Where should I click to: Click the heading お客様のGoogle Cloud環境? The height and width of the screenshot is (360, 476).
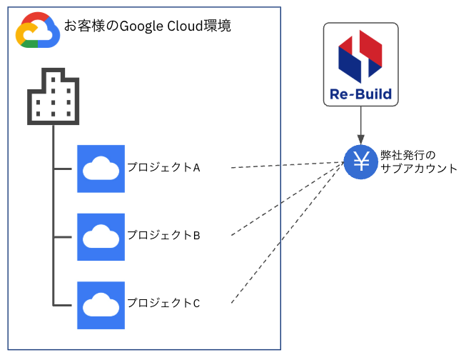tap(147, 26)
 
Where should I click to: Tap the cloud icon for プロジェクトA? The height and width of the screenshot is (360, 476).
tap(101, 169)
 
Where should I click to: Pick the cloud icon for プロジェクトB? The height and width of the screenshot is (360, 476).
tap(101, 236)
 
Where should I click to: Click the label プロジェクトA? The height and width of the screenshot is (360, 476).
tap(164, 167)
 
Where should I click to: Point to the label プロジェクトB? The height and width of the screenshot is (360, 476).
tap(164, 235)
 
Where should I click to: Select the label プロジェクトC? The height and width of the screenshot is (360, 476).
tap(164, 303)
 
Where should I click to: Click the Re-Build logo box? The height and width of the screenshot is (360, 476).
tap(360, 64)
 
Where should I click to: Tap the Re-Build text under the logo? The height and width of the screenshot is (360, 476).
tap(360, 94)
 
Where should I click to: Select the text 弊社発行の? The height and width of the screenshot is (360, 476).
tap(407, 154)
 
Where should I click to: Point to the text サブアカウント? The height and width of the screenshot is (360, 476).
tap(418, 169)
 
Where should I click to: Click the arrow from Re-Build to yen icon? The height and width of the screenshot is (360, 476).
tap(360, 125)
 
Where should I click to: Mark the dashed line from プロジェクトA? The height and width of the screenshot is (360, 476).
tap(285, 166)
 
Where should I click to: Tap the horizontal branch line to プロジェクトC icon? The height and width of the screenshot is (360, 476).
tap(64, 305)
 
